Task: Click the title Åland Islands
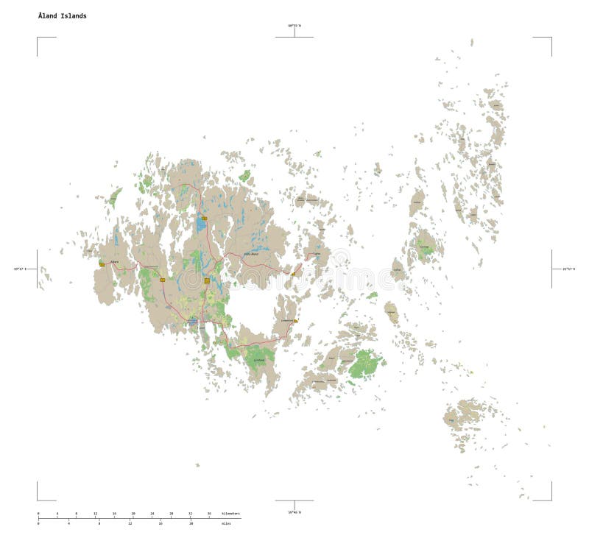pyautogui.click(x=63, y=15)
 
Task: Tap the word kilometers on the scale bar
pyautogui.click(x=230, y=513)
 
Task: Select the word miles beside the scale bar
pyautogui.click(x=225, y=523)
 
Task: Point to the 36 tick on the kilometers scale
pyautogui.click(x=209, y=514)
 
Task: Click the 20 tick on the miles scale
pyautogui.click(x=191, y=523)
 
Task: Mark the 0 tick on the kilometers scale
pyautogui.click(x=38, y=514)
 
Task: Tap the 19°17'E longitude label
pyautogui.click(x=20, y=269)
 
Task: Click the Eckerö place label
pyautogui.click(x=114, y=262)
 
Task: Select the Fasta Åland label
pyautogui.click(x=251, y=254)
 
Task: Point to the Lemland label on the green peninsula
pyautogui.click(x=258, y=360)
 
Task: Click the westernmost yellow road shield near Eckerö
pyautogui.click(x=102, y=263)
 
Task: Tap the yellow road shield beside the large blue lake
pyautogui.click(x=205, y=219)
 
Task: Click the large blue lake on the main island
pyautogui.click(x=200, y=224)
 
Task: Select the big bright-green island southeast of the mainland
pyautogui.click(x=364, y=364)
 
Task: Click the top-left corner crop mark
pyautogui.click(x=38, y=37)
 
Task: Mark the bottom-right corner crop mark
pyautogui.click(x=551, y=500)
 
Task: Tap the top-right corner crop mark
pyautogui.click(x=551, y=37)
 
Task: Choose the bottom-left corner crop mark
pyautogui.click(x=38, y=500)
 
